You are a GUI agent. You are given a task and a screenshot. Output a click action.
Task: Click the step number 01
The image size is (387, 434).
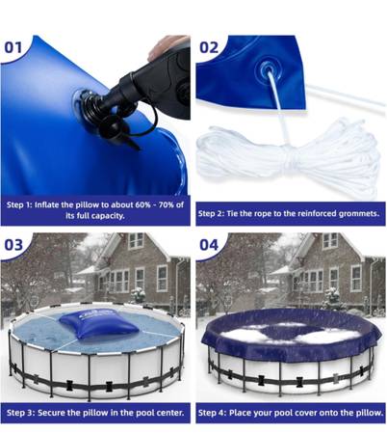click(x=13, y=48)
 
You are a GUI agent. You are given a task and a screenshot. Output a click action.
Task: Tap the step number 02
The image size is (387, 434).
click(x=209, y=48)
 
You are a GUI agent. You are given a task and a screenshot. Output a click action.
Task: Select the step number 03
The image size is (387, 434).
click(x=13, y=245)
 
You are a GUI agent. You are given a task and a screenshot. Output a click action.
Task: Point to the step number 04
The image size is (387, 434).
click(x=209, y=245)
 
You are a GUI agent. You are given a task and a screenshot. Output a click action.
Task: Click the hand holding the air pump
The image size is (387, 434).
click(x=167, y=46)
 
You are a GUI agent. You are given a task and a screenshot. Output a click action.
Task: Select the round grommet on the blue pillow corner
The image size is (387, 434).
click(x=269, y=68)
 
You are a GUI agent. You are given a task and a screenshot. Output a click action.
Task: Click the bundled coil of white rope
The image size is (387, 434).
click(x=289, y=156)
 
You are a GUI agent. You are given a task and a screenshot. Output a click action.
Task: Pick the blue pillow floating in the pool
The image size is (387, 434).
click(x=99, y=324)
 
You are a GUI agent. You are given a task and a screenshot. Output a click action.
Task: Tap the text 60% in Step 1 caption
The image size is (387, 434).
click(x=142, y=204)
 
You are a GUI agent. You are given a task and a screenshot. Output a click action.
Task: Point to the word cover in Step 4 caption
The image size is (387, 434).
click(x=310, y=413)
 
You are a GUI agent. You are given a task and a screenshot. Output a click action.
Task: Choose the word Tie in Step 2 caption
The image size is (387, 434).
click(x=232, y=213)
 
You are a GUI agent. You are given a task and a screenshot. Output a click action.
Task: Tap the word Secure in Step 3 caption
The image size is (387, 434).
click(x=49, y=413)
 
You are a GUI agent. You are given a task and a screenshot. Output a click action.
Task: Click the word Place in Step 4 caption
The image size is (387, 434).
click(x=239, y=413)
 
